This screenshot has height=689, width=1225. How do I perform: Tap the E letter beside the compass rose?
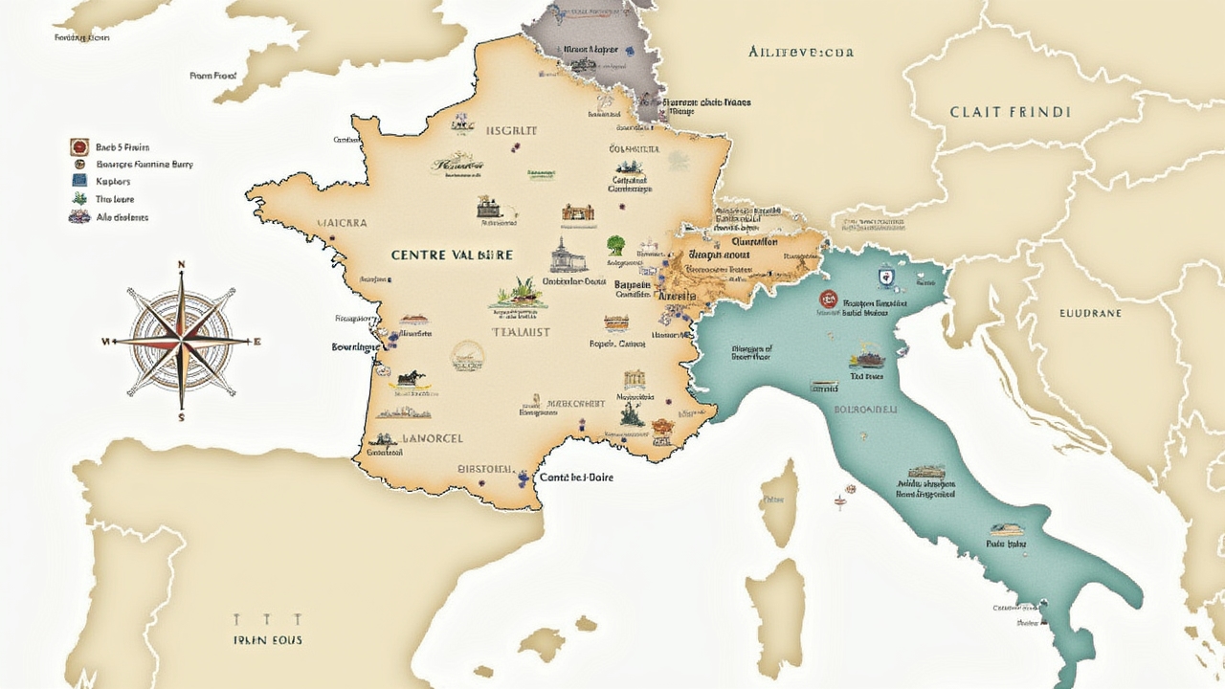pyautogui.click(x=257, y=342)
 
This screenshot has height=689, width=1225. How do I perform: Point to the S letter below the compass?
pyautogui.click(x=181, y=417)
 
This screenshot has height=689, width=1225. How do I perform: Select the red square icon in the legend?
pyautogui.click(x=79, y=147)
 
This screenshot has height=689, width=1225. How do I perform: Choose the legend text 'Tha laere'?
pyautogui.click(x=115, y=199)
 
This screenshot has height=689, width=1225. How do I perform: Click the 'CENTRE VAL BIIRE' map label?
pyautogui.click(x=452, y=256)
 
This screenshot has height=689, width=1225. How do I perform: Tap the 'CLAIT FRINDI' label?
pyautogui.click(x=1010, y=112)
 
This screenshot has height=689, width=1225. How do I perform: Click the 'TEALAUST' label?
pyautogui.click(x=521, y=332)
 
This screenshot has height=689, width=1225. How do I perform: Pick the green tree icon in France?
pyautogui.click(x=615, y=245)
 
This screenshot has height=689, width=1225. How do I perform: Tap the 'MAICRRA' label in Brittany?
pyautogui.click(x=342, y=223)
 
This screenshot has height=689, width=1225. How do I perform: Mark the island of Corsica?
pyautogui.click(x=780, y=502)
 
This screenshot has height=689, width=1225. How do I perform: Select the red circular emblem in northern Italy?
pyautogui.click(x=826, y=299)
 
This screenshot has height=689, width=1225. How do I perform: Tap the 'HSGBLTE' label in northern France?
pyautogui.click(x=511, y=131)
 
